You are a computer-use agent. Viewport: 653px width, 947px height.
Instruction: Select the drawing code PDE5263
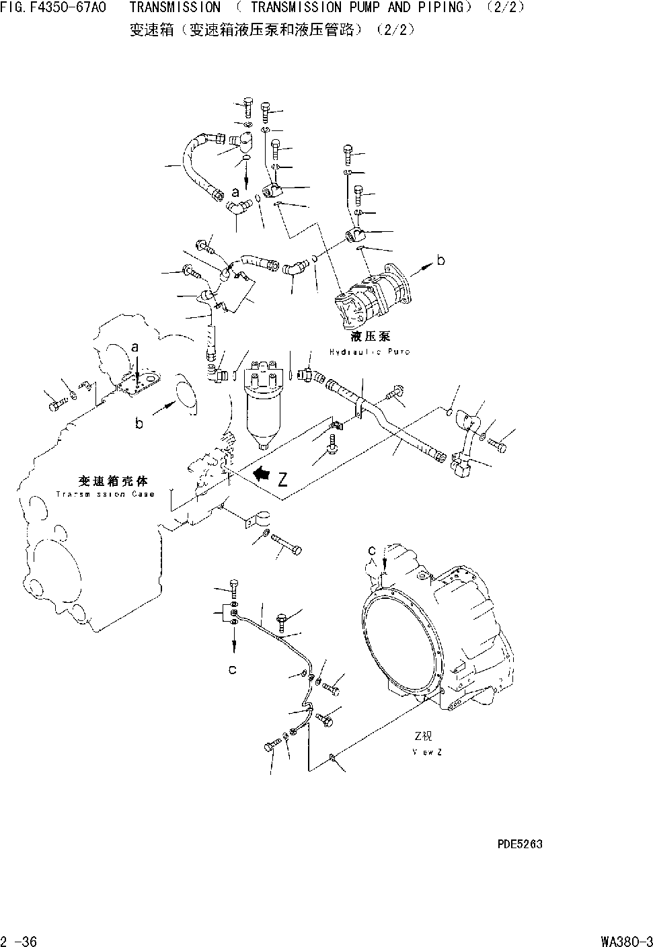click(519, 843)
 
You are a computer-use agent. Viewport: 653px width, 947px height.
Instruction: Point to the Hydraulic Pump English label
click(369, 352)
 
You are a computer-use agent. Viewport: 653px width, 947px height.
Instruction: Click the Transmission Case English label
click(105, 494)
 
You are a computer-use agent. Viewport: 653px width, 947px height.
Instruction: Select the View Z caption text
click(427, 751)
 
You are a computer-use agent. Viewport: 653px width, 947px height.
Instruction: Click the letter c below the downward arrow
click(232, 670)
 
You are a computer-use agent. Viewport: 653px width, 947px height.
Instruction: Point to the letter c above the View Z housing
click(371, 550)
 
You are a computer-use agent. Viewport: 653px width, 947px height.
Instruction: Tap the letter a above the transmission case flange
click(135, 347)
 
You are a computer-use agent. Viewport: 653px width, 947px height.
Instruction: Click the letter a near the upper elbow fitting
click(235, 193)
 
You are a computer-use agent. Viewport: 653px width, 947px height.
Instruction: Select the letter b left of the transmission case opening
click(139, 423)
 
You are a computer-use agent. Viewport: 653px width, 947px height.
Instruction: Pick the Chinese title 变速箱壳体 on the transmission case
click(112, 481)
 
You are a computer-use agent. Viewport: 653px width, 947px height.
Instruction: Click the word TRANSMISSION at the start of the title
click(174, 8)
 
